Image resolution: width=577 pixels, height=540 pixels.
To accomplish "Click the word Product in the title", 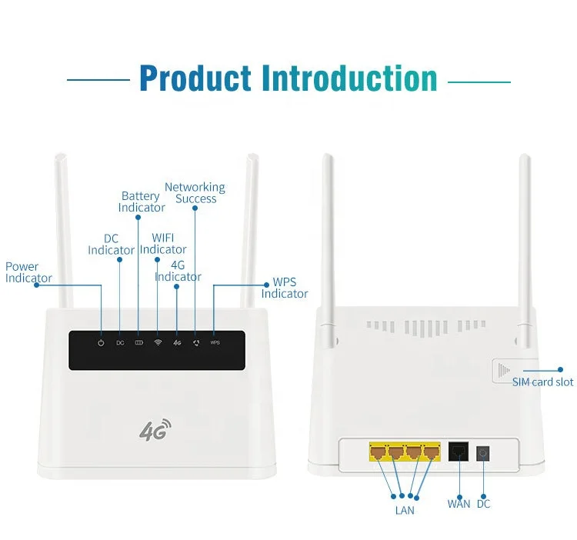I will click(195, 78).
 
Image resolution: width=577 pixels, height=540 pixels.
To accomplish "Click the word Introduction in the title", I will click(349, 78).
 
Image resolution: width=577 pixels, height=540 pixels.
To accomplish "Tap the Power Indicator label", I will click(28, 272).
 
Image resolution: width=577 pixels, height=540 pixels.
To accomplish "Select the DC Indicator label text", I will click(111, 245).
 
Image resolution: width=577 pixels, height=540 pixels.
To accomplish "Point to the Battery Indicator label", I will click(141, 202).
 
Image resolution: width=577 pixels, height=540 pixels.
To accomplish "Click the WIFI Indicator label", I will click(163, 244).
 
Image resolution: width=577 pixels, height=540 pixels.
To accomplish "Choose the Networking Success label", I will click(195, 193).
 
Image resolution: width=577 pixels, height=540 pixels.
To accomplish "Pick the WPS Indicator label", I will click(285, 288).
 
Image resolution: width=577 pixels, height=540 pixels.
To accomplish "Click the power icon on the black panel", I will click(101, 342).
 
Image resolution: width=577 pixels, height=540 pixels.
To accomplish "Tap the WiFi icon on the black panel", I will click(158, 342).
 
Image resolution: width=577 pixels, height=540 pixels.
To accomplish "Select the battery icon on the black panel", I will click(139, 342).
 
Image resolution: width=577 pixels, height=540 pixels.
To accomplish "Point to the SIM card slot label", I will click(542, 382).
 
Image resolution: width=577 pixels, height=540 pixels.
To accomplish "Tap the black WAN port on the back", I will click(459, 452).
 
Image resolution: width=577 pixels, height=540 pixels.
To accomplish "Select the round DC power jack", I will click(483, 452).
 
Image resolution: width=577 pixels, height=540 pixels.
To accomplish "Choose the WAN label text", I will click(459, 504).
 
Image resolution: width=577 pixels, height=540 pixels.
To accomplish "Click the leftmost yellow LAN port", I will click(378, 452).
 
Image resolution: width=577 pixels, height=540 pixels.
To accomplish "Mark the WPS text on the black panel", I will click(215, 342).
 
